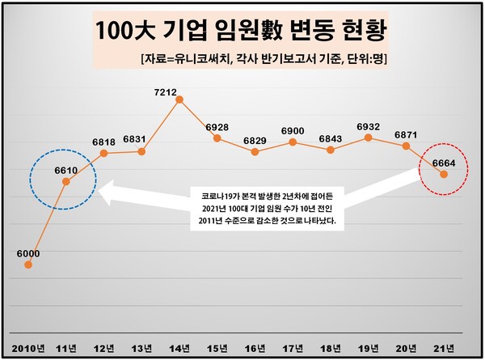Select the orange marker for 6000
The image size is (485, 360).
(x=28, y=264)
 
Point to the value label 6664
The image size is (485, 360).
(x=442, y=163)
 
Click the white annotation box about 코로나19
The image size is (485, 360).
(x=267, y=208)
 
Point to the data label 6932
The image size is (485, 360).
(x=368, y=127)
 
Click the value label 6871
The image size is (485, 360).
(x=406, y=134)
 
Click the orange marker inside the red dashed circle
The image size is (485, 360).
(x=444, y=174)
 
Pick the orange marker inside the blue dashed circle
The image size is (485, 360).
(x=66, y=182)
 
